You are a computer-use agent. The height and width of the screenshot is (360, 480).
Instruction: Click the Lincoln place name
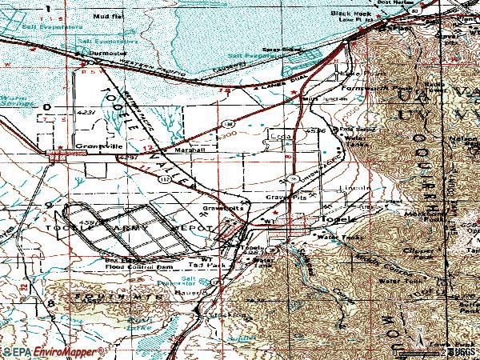point(351,190)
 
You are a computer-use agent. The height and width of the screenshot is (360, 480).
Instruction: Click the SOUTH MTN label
point(104,298)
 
